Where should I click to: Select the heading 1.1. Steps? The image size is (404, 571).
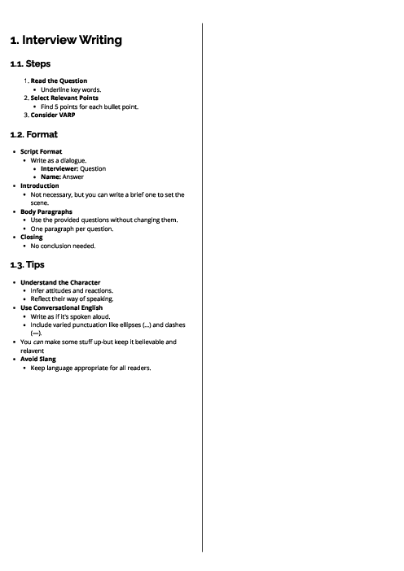(x=29, y=63)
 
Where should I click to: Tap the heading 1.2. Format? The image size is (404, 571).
(x=33, y=133)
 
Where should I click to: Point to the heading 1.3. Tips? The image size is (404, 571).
(x=27, y=264)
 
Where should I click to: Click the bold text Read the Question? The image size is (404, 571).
(x=59, y=81)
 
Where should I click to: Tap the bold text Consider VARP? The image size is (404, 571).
(x=55, y=115)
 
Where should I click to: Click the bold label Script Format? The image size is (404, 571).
(x=42, y=151)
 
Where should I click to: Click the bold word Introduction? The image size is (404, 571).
(x=40, y=185)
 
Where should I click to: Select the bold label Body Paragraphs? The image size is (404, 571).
(x=46, y=211)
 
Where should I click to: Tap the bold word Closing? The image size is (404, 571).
(x=31, y=237)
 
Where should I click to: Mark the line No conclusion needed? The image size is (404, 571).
(x=64, y=246)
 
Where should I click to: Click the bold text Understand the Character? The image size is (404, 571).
(x=60, y=282)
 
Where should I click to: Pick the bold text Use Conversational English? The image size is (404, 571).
(x=63, y=307)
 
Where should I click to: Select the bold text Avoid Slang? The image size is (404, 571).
(x=39, y=360)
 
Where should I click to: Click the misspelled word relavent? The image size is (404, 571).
(x=32, y=351)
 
